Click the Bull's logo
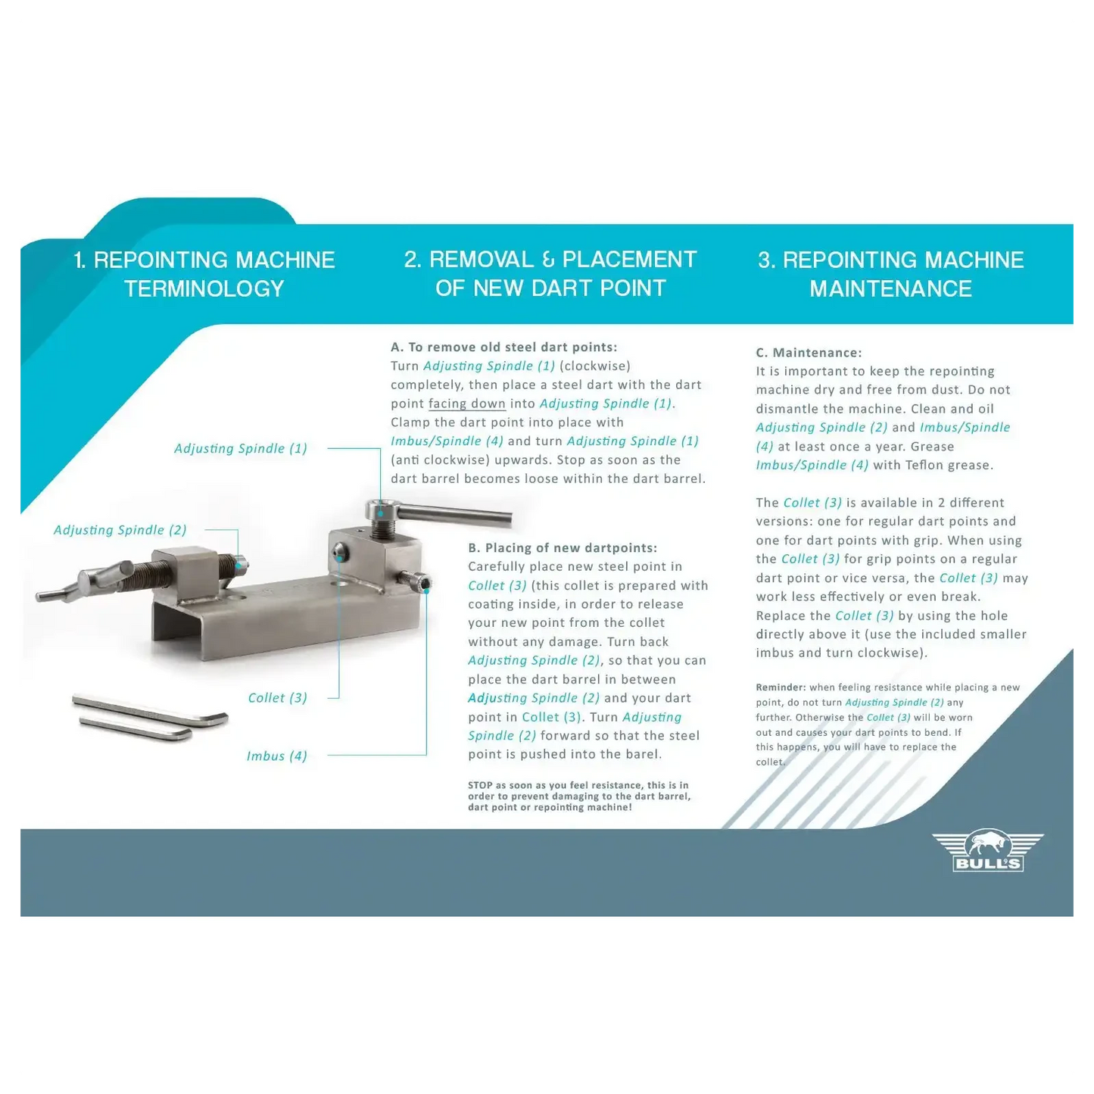click(x=987, y=851)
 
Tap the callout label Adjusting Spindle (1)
click(x=240, y=448)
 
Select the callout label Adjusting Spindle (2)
click(x=120, y=530)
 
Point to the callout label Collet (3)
click(x=277, y=698)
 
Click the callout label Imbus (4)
click(x=276, y=756)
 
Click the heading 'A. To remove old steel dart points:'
click(x=503, y=347)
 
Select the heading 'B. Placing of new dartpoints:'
click(x=562, y=548)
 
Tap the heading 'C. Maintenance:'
click(x=809, y=353)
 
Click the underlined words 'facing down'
click(x=466, y=404)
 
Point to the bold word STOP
click(x=480, y=785)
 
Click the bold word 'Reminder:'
click(x=781, y=687)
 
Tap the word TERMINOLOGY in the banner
click(x=204, y=289)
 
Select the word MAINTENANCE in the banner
click(x=890, y=289)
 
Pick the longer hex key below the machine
click(x=150, y=709)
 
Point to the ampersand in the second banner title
click(x=548, y=260)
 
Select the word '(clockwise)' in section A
click(x=595, y=366)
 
